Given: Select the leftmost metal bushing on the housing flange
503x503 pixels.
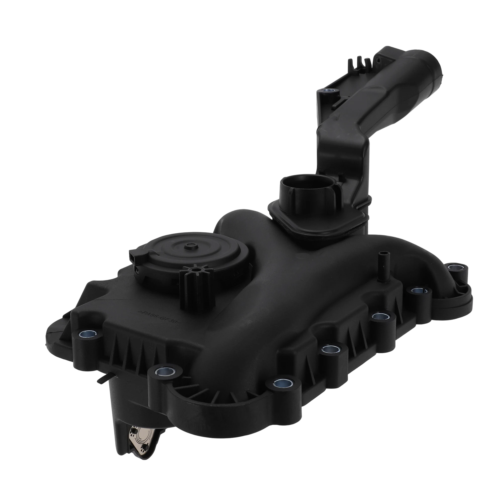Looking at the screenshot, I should coord(88,333).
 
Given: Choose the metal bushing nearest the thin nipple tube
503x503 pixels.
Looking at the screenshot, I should coord(419,290).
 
